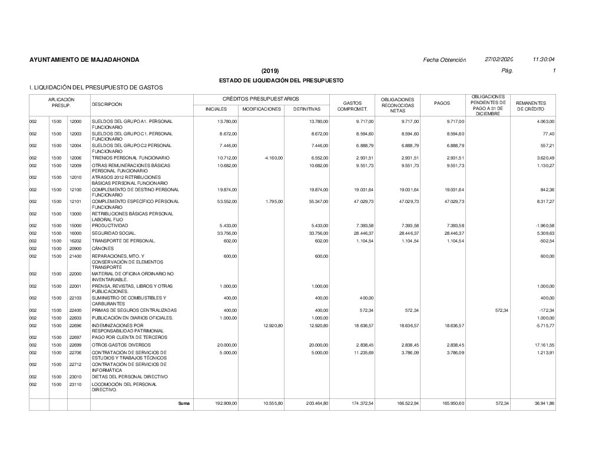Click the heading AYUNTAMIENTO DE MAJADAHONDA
pos(84,60)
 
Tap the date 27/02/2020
pos(499,60)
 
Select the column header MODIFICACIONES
pos(262,109)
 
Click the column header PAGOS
pos(442,103)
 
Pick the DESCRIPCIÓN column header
pos(107,104)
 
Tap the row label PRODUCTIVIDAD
pos(110,225)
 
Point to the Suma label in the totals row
pos(184,403)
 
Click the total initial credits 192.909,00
pos(223,403)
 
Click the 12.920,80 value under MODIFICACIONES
pos(272,325)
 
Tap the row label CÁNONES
pos(102,249)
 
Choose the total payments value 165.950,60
pos(452,403)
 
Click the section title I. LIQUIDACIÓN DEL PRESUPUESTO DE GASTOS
pos(96,88)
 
